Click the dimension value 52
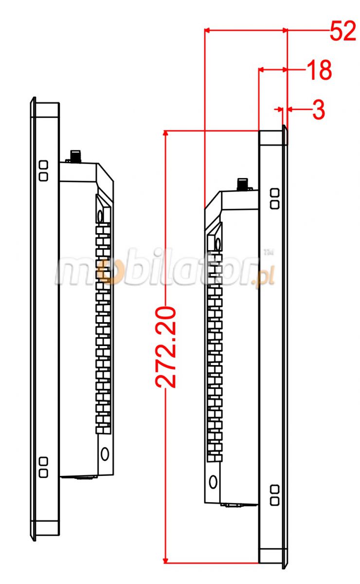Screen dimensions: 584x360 343,32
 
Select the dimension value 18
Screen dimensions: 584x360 319,71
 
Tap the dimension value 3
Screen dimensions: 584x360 319,110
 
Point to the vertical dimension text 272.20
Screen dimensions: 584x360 167,347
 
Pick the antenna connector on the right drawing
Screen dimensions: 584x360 242,185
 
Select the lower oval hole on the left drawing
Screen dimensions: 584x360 105,454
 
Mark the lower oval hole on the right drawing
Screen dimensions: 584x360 213,482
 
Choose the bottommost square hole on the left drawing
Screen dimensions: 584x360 43,472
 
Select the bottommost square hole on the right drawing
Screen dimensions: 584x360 274,500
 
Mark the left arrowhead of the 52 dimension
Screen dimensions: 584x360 207,30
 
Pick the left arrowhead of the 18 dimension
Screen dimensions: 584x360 261,70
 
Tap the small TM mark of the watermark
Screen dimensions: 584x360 267,252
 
